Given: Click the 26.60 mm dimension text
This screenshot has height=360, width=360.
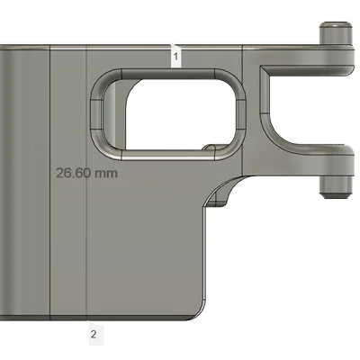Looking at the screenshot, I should click(x=87, y=171).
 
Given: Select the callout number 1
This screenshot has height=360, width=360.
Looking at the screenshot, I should click(x=175, y=57).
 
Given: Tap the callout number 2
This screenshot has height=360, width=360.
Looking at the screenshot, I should click(x=94, y=335).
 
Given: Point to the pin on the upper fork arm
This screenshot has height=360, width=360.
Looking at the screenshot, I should click(x=336, y=35).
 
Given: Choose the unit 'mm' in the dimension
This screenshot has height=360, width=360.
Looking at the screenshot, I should click(x=108, y=171).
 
